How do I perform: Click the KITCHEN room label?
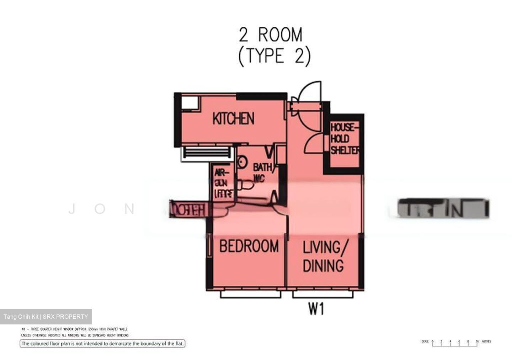coord(233,118)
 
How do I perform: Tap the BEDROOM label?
coord(249,246)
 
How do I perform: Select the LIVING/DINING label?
coord(323,256)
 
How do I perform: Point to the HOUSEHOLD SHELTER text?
coord(345,139)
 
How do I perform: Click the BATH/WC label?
coord(262,172)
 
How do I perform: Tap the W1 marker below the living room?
coord(316,309)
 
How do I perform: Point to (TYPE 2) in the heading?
coord(274,56)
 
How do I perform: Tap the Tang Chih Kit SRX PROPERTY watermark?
coord(46,317)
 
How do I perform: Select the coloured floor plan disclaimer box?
coord(102,344)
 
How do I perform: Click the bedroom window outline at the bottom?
coord(251,295)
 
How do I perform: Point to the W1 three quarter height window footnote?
coord(74,329)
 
